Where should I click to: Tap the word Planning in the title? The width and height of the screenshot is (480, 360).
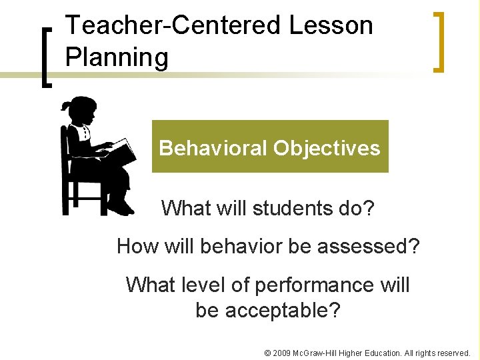pos(117,58)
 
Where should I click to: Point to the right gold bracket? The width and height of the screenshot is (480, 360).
pos(438,41)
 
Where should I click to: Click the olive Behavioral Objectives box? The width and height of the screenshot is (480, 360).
pos(270,147)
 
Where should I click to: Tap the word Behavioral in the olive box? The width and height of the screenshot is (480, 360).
pos(213,147)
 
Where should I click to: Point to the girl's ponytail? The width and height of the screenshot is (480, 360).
pos(65,106)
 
